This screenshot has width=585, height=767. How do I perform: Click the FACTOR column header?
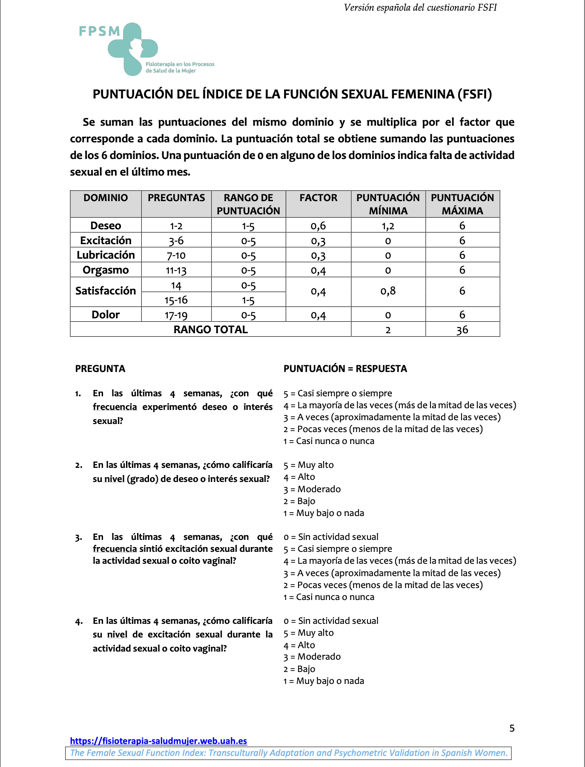(318, 198)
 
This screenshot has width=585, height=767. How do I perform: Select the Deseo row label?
(106, 225)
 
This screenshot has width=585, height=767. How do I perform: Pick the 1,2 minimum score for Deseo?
(388, 226)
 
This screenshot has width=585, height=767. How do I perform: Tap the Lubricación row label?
(106, 255)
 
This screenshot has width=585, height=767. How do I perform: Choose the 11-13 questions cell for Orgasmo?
(176, 270)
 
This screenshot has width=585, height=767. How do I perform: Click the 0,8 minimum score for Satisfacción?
(388, 291)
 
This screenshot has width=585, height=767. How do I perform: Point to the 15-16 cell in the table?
(176, 300)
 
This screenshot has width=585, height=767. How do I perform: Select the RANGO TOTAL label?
(210, 329)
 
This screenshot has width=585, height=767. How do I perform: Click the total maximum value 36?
(462, 330)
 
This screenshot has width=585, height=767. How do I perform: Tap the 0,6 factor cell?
(318, 226)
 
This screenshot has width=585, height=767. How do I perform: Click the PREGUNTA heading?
(100, 369)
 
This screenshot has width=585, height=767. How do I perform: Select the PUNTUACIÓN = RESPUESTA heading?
(345, 369)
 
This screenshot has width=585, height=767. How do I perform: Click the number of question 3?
(78, 537)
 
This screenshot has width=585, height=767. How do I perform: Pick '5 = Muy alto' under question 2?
(309, 465)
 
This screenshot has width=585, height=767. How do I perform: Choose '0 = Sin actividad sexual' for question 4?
(331, 621)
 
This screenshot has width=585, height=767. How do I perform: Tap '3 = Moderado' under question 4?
(312, 657)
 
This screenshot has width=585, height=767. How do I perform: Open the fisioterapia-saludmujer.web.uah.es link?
(158, 741)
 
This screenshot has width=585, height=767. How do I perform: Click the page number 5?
(512, 728)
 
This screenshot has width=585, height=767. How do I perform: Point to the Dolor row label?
(106, 314)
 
